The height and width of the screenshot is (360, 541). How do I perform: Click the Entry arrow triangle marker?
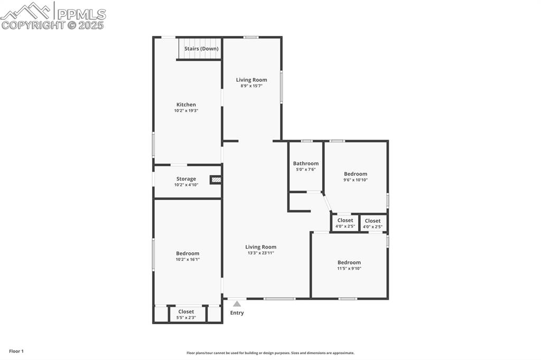tap(237, 304)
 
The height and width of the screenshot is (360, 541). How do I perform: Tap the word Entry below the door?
tap(237, 313)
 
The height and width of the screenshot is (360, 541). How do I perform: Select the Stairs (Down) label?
tap(201, 49)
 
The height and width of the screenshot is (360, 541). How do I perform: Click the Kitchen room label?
tap(186, 105)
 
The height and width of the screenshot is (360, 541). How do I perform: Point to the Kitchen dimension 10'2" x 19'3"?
tap(186, 111)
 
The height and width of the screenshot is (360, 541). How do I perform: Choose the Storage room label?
tap(186, 179)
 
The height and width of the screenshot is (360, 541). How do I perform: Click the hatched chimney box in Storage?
tap(216, 180)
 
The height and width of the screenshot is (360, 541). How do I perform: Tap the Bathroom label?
tap(306, 164)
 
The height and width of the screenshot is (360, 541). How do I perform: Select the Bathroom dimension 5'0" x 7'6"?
tap(306, 169)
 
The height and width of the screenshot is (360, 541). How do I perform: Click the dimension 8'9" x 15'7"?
tap(251, 86)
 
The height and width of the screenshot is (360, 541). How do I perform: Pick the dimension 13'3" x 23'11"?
tap(261, 253)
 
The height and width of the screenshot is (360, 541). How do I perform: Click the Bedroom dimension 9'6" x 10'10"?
tap(356, 180)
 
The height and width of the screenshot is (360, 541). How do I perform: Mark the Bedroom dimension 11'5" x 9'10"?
tap(349, 269)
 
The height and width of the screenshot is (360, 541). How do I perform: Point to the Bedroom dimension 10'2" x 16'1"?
tap(188, 259)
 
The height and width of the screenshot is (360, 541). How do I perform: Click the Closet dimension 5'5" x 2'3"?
tap(186, 318)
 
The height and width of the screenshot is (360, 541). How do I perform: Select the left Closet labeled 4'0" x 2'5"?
tap(345, 223)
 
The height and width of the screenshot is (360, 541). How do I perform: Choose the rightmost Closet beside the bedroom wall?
tap(372, 223)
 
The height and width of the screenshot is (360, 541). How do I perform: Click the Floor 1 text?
tap(16, 351)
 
